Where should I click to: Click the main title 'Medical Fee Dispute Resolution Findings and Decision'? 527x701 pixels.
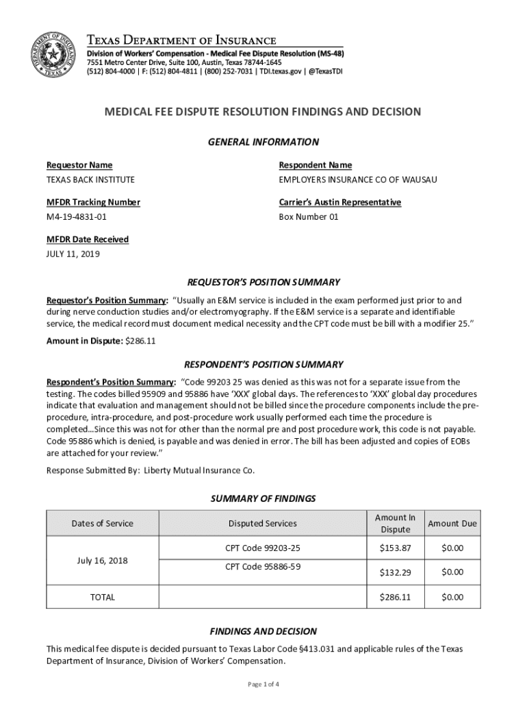262,112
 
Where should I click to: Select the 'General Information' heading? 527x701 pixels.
263,142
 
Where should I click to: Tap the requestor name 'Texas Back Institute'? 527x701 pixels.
90,180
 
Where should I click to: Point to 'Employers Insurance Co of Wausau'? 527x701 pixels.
357,180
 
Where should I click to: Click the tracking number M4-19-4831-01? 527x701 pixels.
76,217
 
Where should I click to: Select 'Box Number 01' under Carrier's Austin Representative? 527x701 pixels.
309,217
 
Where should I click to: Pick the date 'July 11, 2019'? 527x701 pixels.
73,254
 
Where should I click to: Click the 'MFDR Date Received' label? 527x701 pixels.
87,240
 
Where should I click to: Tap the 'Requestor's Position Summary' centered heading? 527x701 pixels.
263,282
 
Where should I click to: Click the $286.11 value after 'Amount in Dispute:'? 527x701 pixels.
141,342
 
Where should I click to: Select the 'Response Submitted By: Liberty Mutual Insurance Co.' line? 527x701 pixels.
150,470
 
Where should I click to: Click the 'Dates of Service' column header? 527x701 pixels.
102,524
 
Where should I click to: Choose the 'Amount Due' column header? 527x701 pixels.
452,524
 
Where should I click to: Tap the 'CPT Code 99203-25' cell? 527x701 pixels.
263,548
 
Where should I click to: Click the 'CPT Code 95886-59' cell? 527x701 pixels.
263,567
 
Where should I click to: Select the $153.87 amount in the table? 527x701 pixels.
395,548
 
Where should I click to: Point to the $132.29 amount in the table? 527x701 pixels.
395,572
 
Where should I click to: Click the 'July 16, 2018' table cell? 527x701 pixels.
102,561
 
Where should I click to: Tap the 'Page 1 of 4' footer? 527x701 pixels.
263,685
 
